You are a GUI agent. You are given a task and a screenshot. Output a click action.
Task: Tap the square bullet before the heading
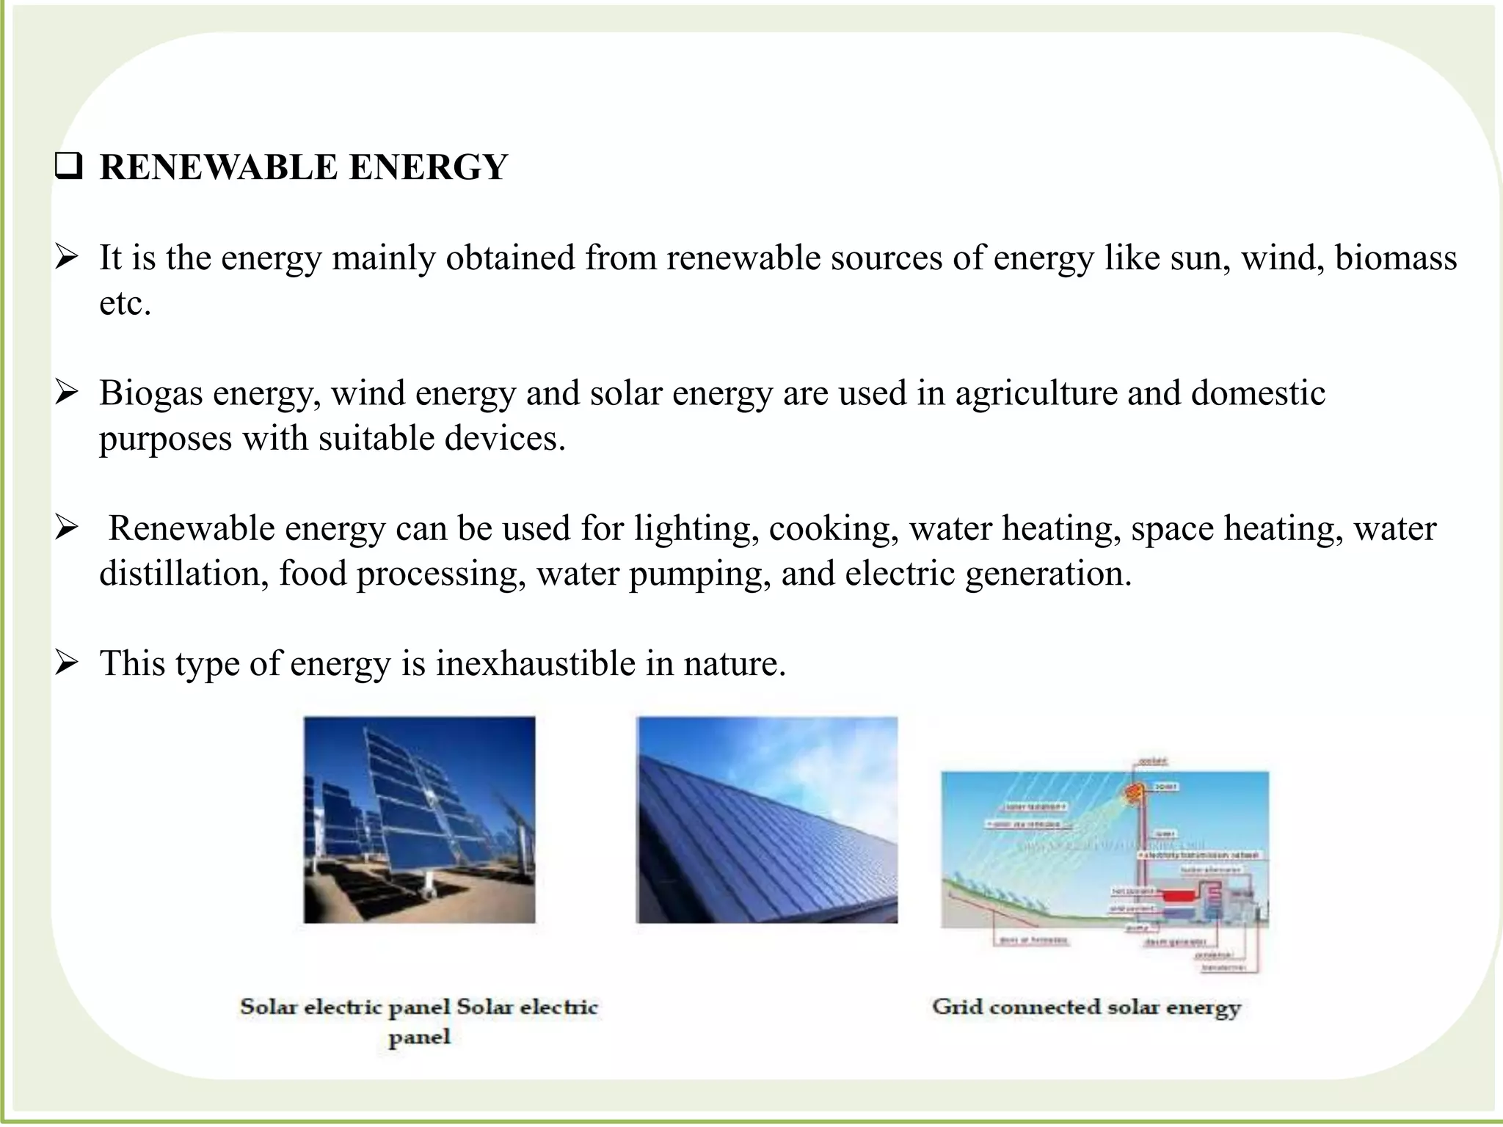pyautogui.click(x=68, y=168)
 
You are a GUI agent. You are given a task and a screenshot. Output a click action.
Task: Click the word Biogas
pyautogui.click(x=150, y=393)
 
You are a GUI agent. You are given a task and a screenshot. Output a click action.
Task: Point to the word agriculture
pyautogui.click(x=1036, y=393)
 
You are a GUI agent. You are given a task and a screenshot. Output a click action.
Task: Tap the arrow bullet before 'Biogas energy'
pyautogui.click(x=67, y=393)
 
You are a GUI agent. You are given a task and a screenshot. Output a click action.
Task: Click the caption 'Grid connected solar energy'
pyautogui.click(x=1086, y=1007)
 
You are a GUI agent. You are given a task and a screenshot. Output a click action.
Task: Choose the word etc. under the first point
pyautogui.click(x=125, y=304)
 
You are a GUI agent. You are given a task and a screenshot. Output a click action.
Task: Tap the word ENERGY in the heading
pyautogui.click(x=428, y=167)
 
